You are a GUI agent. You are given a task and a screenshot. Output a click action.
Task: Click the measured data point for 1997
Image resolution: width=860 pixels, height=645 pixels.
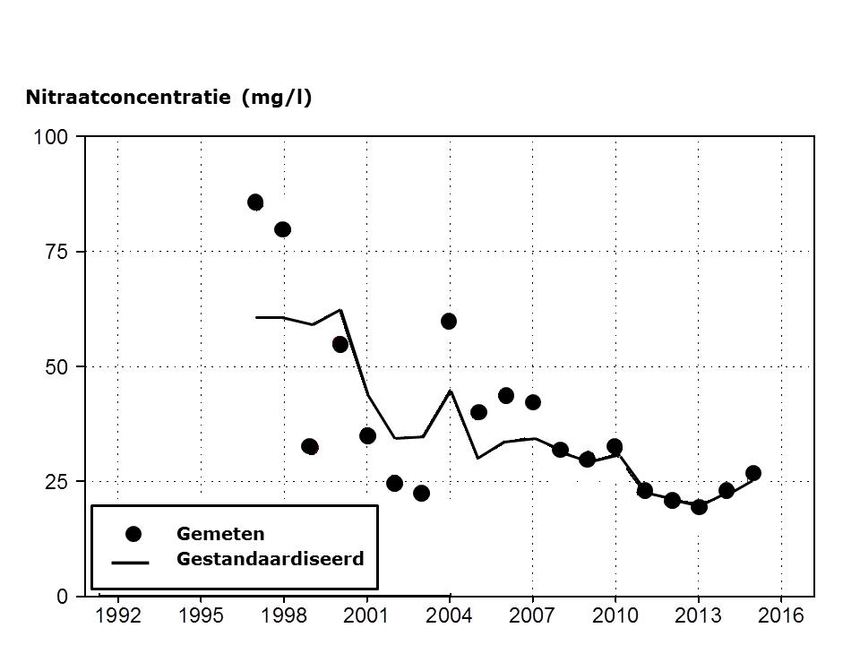pos(255,202)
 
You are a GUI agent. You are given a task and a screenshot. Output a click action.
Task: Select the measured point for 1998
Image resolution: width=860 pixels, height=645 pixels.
pos(282,229)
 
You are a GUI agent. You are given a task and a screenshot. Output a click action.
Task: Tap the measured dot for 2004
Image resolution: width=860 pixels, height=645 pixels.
pos(449,321)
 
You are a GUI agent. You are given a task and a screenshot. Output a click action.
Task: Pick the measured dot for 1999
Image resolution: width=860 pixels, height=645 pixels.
pos(310,446)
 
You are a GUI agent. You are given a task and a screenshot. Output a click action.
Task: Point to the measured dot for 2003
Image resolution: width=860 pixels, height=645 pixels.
pos(421,493)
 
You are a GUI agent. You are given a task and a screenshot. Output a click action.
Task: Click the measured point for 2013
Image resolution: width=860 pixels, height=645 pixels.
pos(699,506)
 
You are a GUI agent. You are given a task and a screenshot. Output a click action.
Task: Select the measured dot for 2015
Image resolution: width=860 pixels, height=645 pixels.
pos(753,473)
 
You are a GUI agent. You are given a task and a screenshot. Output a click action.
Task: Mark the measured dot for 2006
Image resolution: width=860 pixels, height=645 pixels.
pos(505,395)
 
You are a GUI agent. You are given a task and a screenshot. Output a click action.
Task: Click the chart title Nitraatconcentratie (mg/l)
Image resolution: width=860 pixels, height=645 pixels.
pos(168,98)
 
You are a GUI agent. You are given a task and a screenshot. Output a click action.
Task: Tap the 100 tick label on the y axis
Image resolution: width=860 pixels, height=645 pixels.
pos(51,137)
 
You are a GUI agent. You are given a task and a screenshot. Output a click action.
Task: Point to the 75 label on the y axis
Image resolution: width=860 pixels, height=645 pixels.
pos(56,252)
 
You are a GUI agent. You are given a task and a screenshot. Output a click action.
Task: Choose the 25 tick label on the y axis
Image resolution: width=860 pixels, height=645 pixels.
pos(56,481)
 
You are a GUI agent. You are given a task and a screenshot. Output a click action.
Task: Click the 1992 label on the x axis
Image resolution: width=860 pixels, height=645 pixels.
pos(117,616)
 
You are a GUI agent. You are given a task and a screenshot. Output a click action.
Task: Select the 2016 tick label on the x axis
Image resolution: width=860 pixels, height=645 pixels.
pos(781,616)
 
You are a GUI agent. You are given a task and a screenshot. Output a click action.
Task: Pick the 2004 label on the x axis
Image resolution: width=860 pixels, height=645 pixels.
pos(449,616)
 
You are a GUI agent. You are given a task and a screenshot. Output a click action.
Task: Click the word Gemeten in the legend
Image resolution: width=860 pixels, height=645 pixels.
pos(220,534)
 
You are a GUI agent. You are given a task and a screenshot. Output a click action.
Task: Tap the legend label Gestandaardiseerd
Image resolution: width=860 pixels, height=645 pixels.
pos(270,559)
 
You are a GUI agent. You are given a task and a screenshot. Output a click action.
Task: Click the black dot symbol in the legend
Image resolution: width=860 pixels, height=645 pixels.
pos(133,534)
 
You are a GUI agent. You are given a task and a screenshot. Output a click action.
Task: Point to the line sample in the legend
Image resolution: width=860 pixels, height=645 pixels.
pos(131,563)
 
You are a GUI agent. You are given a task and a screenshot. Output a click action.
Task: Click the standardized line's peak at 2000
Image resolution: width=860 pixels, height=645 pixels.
pos(340,310)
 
